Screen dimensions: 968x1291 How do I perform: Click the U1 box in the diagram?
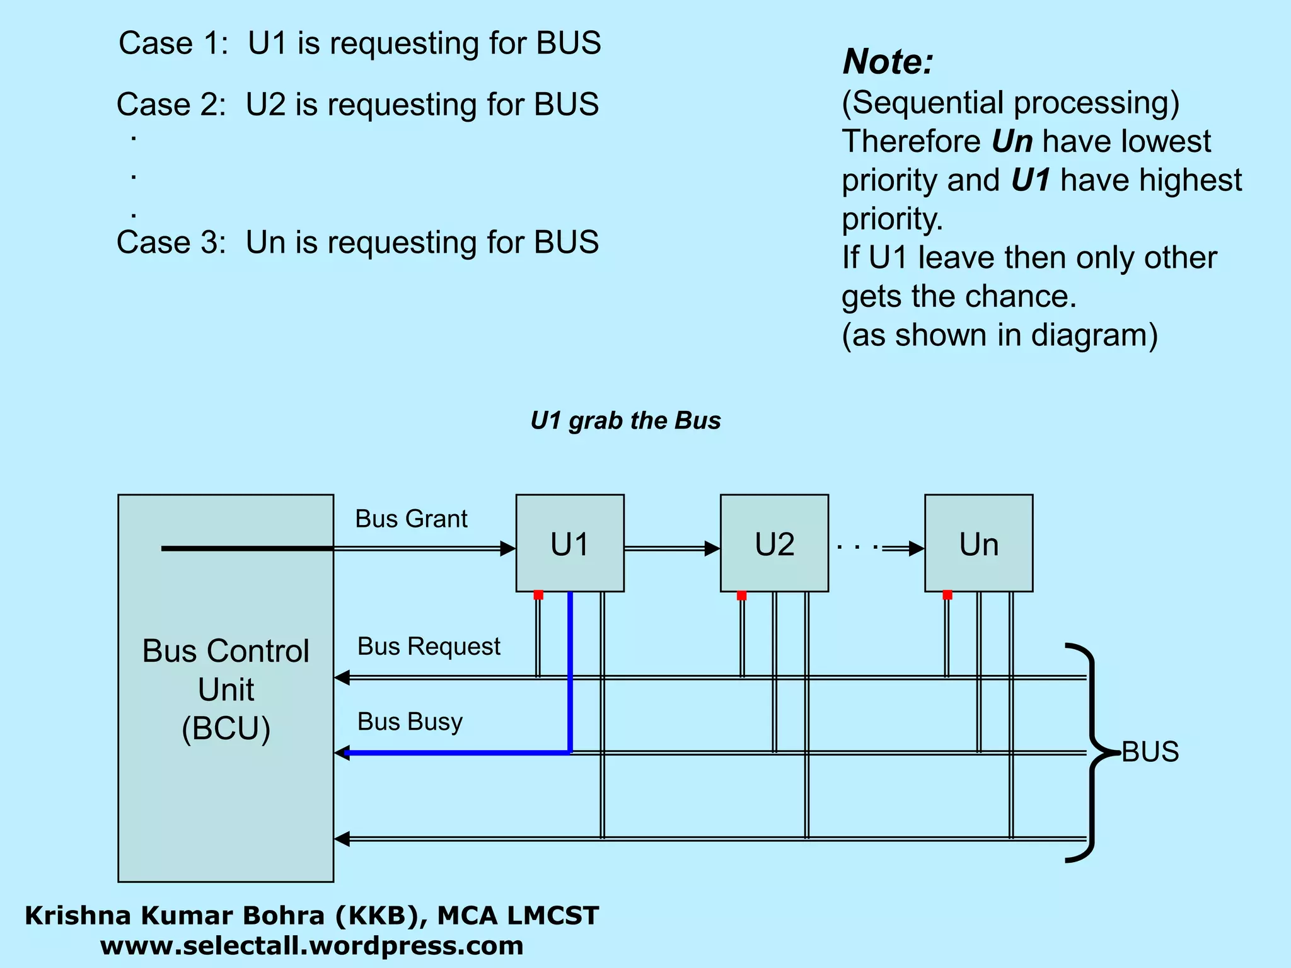570,543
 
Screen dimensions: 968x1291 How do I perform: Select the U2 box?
774,543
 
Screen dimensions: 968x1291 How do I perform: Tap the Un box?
978,543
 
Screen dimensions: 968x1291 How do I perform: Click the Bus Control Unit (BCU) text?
226,689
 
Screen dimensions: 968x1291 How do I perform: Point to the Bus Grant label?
411,519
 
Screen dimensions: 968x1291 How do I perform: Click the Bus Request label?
429,646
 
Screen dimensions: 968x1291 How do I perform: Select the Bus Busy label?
410,721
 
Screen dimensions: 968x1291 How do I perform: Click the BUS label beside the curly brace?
1150,751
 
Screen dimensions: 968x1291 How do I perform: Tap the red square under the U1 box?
538,595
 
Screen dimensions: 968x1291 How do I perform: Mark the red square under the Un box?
947,595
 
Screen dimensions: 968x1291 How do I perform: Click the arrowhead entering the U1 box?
508,548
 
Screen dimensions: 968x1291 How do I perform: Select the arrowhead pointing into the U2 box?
712,548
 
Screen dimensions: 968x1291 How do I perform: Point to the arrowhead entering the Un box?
917,548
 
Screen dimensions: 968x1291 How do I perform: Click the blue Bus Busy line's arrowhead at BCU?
342,752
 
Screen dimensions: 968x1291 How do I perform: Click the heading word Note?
888,62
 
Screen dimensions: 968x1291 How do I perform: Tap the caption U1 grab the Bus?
625,420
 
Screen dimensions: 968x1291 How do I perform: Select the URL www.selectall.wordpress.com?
312,945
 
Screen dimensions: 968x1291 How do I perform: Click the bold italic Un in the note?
1012,141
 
